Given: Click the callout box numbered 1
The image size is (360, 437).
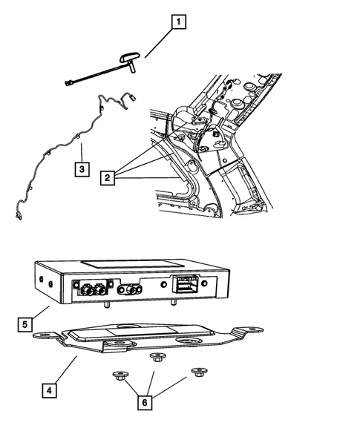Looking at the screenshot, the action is tap(178, 22).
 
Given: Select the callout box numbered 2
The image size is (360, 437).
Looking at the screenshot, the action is tap(108, 177).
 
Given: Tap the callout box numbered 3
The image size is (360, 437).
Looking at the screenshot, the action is tap(82, 169).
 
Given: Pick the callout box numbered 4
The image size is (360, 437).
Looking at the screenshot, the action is tap(49, 390).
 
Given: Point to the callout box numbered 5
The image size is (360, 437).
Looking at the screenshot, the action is tap(24, 324).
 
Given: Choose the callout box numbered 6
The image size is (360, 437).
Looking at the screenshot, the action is tap(145, 403).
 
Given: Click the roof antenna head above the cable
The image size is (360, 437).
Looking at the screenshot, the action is tap(130, 57).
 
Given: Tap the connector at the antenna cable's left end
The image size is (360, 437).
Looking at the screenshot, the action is tap(68, 83).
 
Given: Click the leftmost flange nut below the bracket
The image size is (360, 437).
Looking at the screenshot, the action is tap(120, 375).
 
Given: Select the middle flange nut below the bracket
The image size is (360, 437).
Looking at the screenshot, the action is tap(157, 357).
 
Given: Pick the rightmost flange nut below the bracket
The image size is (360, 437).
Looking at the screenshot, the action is tap(199, 372).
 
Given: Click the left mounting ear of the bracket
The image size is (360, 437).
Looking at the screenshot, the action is tap(45, 335).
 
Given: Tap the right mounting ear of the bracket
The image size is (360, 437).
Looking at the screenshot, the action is tap(249, 330).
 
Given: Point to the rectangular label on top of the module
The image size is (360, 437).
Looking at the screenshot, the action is tap(132, 264).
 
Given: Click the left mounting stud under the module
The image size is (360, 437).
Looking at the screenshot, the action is tap(107, 306).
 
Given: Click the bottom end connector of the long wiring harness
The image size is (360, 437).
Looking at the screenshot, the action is tap(19, 216).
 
